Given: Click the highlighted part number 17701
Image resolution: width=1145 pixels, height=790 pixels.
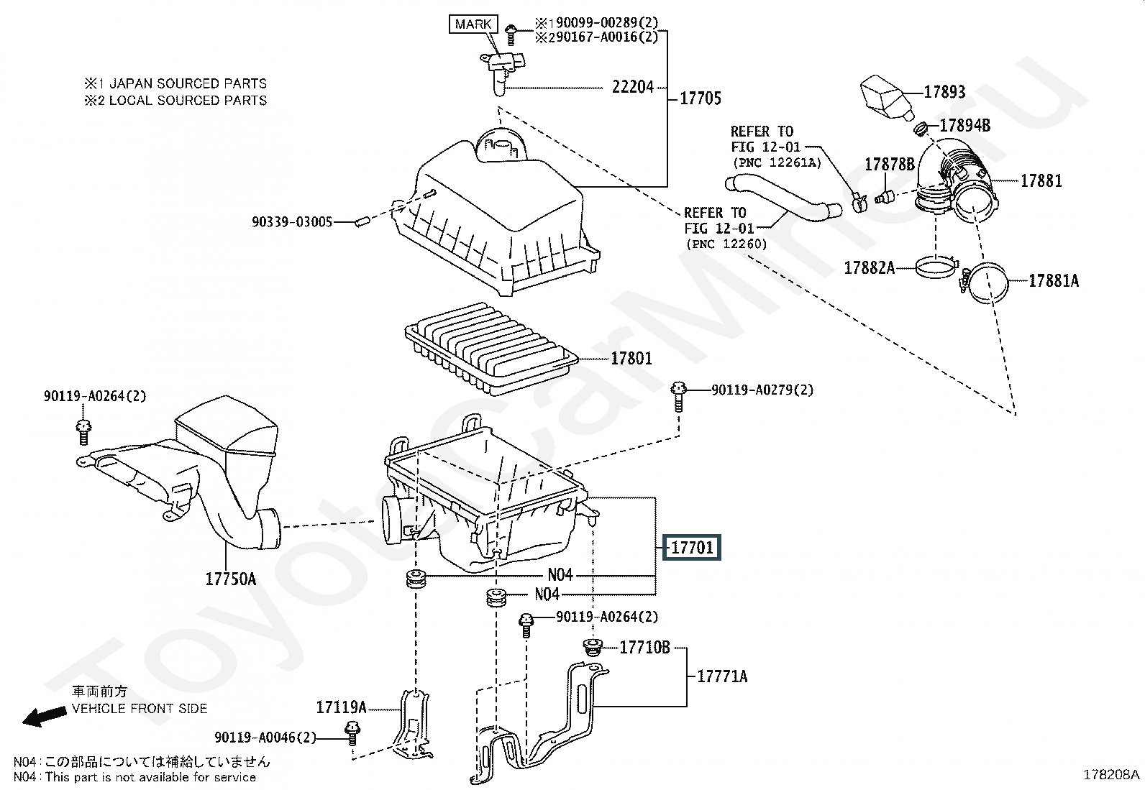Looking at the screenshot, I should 692,548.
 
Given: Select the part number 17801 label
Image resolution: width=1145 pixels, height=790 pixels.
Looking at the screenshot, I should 631,358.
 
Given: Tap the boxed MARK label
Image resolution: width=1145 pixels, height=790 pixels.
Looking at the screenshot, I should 473,24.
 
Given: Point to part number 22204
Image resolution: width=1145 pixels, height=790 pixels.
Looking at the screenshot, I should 633,87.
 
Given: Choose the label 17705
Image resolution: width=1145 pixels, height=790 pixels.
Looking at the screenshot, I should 700,98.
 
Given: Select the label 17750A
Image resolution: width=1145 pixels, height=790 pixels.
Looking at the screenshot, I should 231,579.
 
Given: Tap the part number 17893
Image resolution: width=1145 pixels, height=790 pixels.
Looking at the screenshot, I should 944,92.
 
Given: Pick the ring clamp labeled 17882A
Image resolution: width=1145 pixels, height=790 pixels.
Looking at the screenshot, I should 937,269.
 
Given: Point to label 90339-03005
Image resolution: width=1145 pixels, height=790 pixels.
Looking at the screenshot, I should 291,223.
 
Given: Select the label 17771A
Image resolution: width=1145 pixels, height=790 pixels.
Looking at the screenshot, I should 722,676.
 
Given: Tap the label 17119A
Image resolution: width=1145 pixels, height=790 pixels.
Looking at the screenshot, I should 341,708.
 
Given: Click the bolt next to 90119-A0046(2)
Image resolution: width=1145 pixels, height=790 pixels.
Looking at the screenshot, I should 352,731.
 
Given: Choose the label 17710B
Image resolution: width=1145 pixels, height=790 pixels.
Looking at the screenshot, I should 644,648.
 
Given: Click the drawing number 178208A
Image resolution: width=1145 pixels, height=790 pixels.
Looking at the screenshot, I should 1111,774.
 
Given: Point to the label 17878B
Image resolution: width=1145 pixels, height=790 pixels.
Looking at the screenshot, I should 889,165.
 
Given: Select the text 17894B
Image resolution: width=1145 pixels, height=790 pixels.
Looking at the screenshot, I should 964,127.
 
